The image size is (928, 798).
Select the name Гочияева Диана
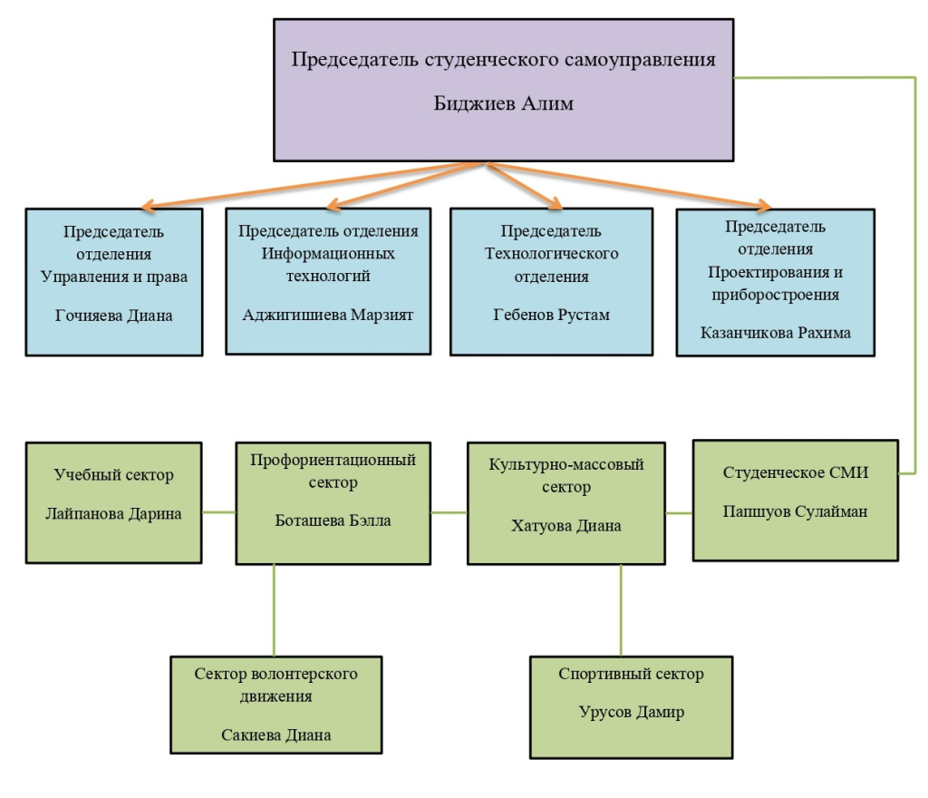pos(114,316)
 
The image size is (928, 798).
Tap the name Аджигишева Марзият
pos(327,316)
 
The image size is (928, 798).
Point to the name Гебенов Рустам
pos(550,315)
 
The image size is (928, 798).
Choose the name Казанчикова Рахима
pos(777,332)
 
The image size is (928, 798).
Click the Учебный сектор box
pos(114,501)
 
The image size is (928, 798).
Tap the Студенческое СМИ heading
pos(796,472)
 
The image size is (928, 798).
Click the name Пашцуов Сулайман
pos(796,511)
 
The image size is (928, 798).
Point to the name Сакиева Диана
pos(276,735)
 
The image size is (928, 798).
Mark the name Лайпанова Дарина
pos(114,513)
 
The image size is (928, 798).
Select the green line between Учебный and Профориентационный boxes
pos(218,512)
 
